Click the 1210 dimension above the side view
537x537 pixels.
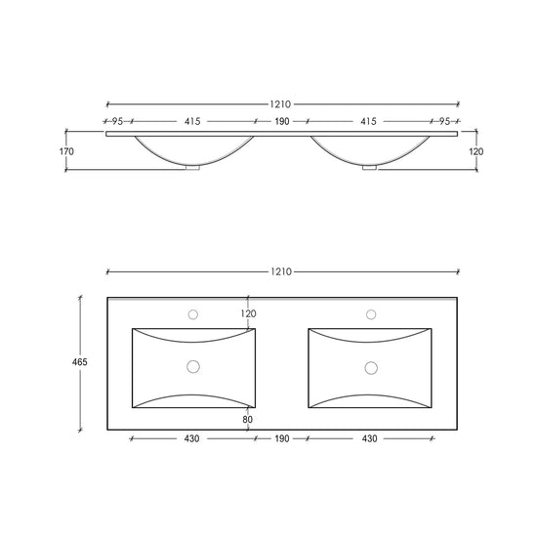tap(280, 104)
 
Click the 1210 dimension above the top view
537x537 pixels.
tap(281, 272)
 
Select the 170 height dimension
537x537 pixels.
tap(66, 151)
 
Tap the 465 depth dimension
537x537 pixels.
tap(80, 362)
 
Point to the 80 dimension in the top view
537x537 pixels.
tap(248, 419)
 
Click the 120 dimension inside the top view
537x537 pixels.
tap(248, 313)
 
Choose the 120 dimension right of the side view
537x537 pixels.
tap(476, 151)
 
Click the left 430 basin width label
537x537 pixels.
tap(191, 438)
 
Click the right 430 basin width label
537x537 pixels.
tap(369, 438)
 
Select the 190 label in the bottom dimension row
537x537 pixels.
tap(282, 438)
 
